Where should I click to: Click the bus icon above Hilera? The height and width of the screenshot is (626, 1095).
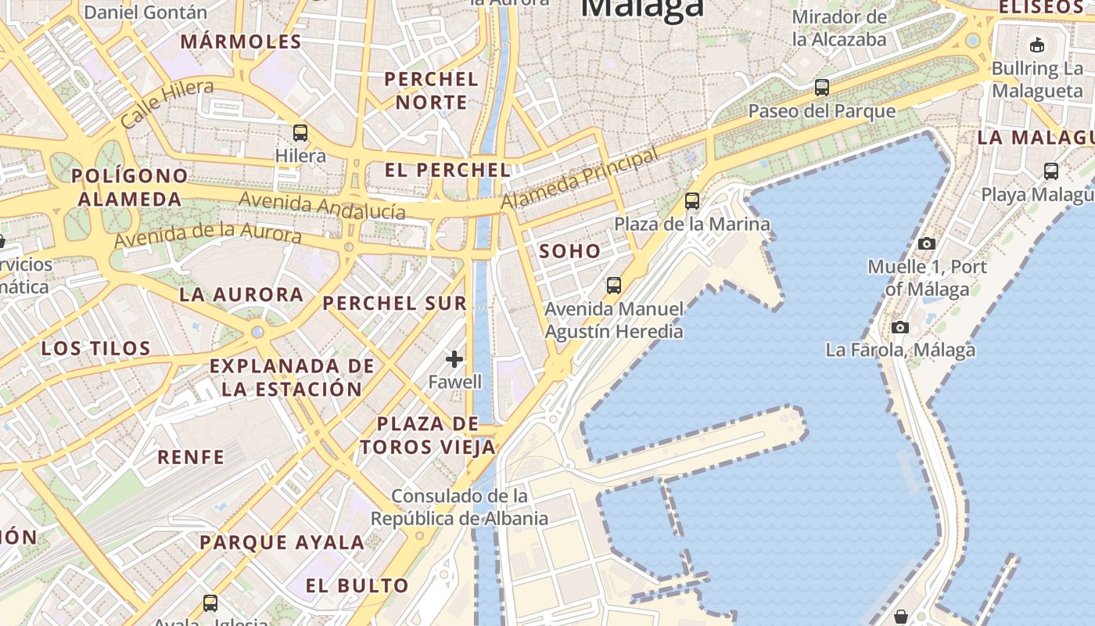tap(300, 132)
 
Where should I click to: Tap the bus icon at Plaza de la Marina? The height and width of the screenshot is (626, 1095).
tap(692, 201)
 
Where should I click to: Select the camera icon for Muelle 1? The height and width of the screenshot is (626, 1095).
tap(927, 243)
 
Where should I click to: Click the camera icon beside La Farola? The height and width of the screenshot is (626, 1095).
tap(900, 327)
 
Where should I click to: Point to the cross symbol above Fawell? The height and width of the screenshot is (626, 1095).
tap(454, 359)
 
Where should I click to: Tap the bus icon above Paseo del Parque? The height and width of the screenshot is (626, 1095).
tap(822, 88)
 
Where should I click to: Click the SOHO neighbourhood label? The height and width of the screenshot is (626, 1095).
tap(570, 251)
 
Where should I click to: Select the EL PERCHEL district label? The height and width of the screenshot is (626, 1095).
tap(447, 170)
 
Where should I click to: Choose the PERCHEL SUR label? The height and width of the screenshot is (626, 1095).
tap(394, 303)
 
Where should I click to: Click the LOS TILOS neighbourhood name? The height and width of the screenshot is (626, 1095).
tap(95, 348)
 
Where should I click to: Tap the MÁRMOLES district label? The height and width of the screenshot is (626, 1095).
tap(241, 41)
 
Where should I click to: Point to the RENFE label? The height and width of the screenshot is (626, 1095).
tap(191, 457)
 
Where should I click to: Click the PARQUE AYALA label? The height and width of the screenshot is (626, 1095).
tap(282, 541)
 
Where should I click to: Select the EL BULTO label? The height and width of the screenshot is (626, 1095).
tap(357, 585)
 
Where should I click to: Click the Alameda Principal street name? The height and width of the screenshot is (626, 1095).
tap(580, 179)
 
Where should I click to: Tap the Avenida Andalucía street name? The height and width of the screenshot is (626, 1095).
tap(322, 206)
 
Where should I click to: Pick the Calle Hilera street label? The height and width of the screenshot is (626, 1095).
tap(167, 103)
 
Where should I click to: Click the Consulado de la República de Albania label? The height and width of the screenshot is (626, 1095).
tap(459, 507)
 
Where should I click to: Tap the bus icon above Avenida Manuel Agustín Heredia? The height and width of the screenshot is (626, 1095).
tap(614, 286)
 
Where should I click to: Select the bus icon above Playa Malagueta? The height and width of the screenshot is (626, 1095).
tap(1051, 171)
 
